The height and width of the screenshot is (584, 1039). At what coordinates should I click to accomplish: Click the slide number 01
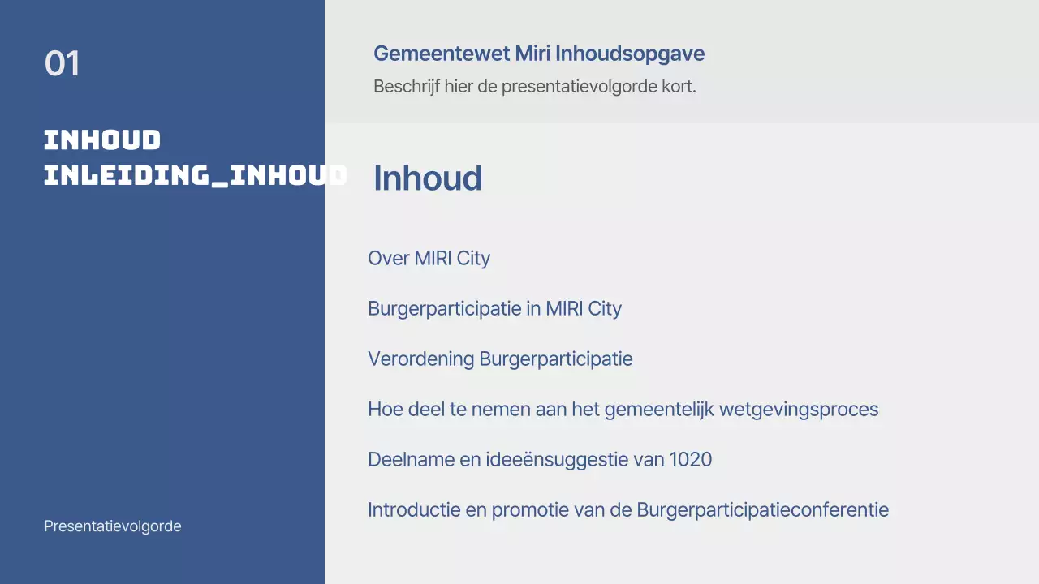tap(63, 64)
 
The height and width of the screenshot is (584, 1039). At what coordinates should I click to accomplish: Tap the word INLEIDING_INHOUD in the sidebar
tap(195, 174)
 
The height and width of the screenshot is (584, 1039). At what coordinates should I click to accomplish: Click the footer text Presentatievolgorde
tap(113, 526)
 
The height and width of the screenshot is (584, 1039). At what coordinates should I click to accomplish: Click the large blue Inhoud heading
tap(428, 178)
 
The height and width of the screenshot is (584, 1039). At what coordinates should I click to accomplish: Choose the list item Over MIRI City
tap(429, 259)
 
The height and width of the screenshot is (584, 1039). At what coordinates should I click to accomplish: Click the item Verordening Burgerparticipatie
tap(500, 359)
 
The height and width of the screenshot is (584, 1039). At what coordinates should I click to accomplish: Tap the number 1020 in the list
tap(690, 460)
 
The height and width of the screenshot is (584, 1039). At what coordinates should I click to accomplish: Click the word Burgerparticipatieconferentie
tap(762, 510)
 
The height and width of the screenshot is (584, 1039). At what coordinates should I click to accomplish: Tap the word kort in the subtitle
tap(678, 86)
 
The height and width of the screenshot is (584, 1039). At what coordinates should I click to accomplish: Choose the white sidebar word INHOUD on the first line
tap(102, 140)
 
